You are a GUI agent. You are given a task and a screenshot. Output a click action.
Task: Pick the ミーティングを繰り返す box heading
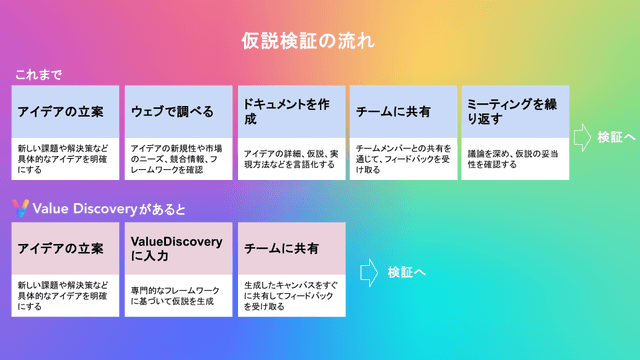[x=513, y=111]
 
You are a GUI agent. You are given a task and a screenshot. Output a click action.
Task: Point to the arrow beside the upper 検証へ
[x=582, y=136]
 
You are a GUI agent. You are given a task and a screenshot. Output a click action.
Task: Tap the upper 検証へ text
[x=616, y=136]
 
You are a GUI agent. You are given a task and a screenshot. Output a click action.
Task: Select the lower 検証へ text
[x=407, y=270]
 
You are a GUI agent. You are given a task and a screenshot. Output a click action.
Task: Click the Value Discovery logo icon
[x=20, y=208]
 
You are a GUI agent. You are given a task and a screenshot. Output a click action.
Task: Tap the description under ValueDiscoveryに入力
[x=174, y=295]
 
